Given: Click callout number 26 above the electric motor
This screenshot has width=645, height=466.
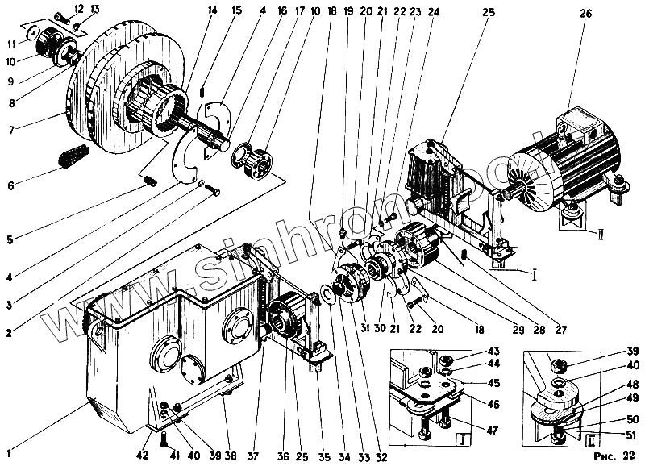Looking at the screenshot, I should click(x=585, y=13).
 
